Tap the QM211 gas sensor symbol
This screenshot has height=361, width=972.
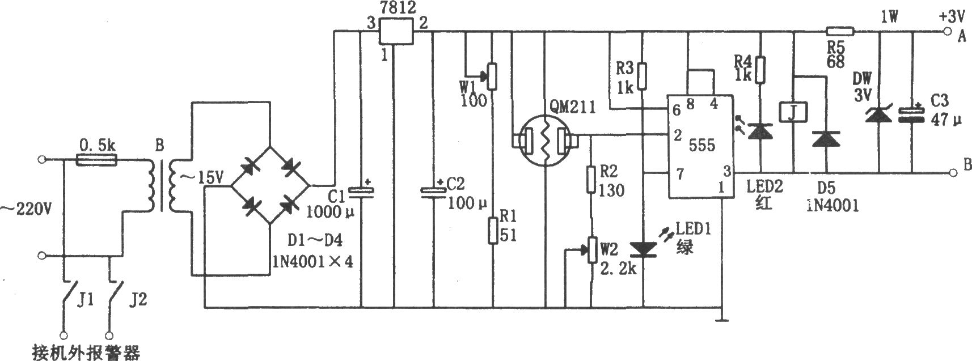(545, 141)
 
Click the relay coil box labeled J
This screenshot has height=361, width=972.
(793, 112)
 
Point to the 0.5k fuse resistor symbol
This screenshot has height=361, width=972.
(96, 160)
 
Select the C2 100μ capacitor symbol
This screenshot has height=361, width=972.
(433, 192)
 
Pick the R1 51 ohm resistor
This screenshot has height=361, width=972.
(492, 231)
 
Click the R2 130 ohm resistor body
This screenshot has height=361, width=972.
(590, 179)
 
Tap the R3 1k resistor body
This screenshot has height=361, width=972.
(643, 76)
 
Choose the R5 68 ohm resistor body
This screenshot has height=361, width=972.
(840, 31)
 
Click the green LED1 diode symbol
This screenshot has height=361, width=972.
(644, 249)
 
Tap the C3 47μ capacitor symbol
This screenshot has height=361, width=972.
(912, 115)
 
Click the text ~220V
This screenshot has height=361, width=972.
(26, 210)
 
